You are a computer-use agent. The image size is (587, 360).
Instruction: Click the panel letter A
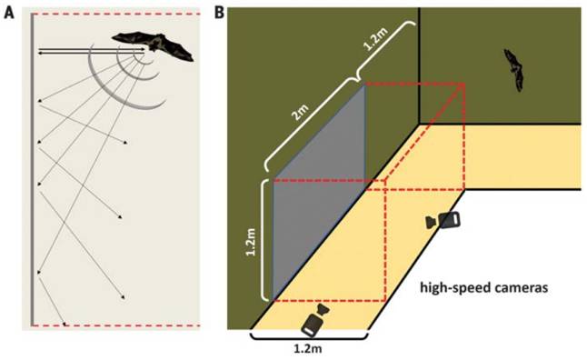pos(9,13)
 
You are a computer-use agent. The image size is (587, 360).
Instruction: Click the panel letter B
pos(219,13)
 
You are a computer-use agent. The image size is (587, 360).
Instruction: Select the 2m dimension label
pos(302,112)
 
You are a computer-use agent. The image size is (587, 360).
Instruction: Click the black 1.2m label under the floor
pos(308,349)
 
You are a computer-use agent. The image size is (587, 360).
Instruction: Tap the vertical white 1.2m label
pos(250,241)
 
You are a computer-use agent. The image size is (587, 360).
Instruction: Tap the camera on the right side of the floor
pos(443,220)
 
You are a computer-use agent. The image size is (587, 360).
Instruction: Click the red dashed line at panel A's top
pos(117,15)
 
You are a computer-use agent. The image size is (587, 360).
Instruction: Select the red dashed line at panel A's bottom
pos(117,325)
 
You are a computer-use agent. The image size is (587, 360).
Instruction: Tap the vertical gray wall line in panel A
pos(33,170)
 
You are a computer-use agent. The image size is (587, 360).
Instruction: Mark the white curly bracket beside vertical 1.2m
pos(264,240)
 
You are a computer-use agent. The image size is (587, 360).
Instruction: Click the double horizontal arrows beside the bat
pos(92,51)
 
